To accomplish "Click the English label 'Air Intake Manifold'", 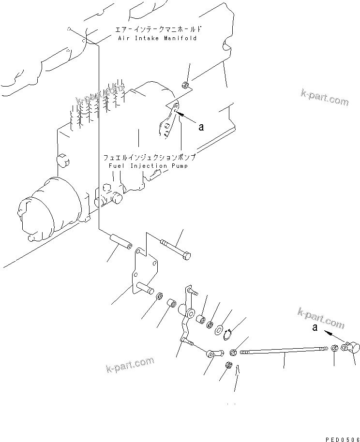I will (x=157, y=38).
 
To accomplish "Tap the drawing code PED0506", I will (x=340, y=439).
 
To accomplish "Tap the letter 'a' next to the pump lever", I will (x=201, y=127).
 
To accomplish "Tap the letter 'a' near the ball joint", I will (x=315, y=327).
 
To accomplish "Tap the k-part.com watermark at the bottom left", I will (x=129, y=366).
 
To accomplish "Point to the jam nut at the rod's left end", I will (x=234, y=352).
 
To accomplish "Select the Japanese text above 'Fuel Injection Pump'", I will (x=149, y=158).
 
